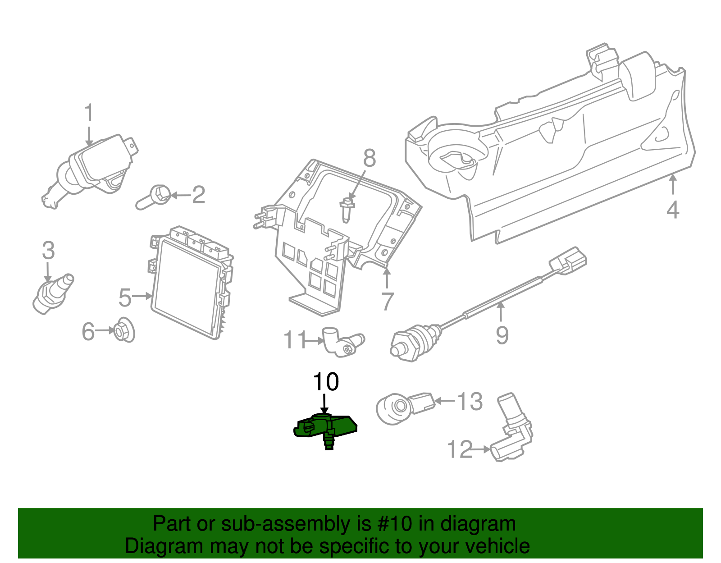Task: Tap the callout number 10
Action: click(x=326, y=382)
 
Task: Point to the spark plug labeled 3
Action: click(x=53, y=293)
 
